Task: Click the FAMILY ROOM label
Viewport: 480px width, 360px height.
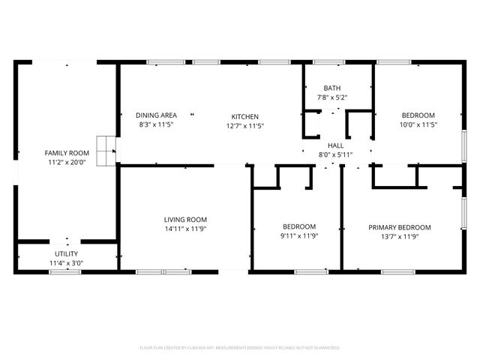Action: [67, 153]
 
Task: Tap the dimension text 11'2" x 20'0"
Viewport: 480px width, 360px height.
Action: [67, 162]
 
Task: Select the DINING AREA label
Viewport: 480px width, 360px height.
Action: [156, 115]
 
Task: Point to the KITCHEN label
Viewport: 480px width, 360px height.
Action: [244, 116]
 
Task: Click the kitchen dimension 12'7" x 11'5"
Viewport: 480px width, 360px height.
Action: [244, 125]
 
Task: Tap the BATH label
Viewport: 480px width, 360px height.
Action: [331, 88]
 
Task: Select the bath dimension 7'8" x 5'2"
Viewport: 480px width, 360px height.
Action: [331, 97]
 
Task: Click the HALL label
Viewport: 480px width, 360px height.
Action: [335, 146]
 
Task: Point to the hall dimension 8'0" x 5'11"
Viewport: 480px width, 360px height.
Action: [335, 155]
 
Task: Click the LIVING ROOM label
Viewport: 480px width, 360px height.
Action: [185, 220]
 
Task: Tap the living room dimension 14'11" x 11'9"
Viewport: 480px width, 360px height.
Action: [185, 229]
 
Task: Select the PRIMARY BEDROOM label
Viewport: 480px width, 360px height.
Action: [399, 227]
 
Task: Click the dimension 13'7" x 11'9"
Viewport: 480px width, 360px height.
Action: [399, 236]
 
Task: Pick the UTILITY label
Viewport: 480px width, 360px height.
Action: [66, 254]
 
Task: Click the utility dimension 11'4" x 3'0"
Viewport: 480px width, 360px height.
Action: [66, 263]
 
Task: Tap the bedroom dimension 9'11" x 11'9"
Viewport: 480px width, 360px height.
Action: [298, 236]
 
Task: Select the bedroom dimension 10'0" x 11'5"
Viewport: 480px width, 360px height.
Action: [417, 125]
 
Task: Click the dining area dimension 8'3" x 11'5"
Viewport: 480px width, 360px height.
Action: [156, 125]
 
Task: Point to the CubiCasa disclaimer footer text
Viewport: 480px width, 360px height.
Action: [240, 348]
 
